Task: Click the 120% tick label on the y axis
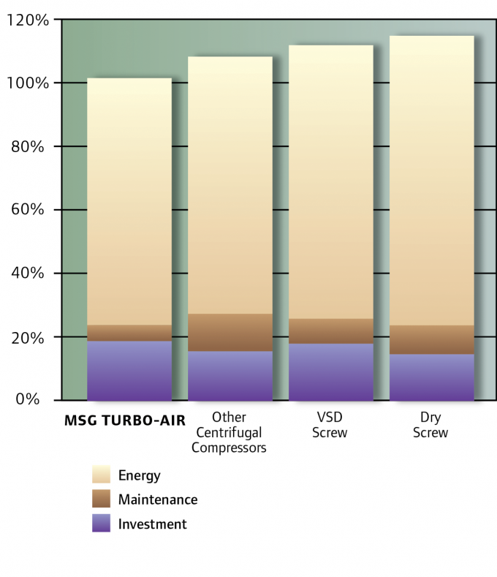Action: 27,20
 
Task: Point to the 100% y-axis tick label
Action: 27,83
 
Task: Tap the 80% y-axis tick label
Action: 31,147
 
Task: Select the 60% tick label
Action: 31,211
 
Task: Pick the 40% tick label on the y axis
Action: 31,274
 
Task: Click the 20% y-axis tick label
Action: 31,337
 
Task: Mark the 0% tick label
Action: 34,400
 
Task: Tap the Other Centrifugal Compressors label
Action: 229,432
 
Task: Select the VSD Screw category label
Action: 330,425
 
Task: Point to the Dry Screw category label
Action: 430,425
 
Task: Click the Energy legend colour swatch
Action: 101,475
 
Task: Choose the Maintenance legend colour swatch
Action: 101,499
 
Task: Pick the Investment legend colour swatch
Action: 101,524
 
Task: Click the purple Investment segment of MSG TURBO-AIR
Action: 129,371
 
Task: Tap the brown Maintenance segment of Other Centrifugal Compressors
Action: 229,333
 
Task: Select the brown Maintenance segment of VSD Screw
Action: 330,331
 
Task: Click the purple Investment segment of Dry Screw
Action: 431,377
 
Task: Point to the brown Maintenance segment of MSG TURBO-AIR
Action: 129,333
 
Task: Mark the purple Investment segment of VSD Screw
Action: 330,372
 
